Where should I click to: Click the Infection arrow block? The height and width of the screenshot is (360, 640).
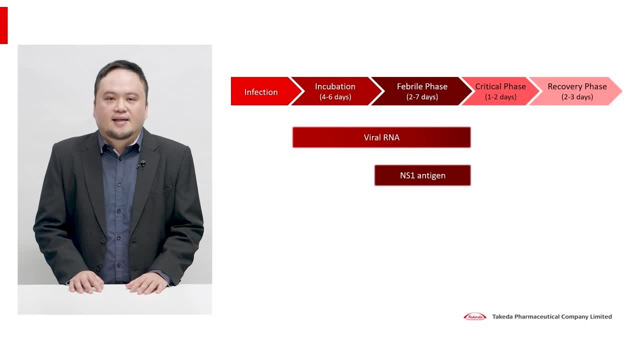(x=265, y=91)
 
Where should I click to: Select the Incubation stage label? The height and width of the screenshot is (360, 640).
(x=335, y=86)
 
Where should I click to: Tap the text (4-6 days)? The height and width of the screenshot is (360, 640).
(x=335, y=97)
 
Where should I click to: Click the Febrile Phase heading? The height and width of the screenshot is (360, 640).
(x=422, y=86)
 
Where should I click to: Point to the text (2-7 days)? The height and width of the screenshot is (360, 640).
(x=422, y=97)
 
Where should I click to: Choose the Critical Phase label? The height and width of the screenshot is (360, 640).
(x=500, y=86)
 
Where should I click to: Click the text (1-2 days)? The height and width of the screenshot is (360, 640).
(x=500, y=97)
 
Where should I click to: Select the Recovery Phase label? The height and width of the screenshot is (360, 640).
(x=577, y=86)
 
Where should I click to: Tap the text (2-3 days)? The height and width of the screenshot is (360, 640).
(x=577, y=97)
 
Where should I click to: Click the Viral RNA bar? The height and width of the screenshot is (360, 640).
(x=381, y=137)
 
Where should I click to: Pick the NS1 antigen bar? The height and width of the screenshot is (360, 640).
(x=422, y=175)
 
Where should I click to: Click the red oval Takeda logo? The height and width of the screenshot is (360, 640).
(x=475, y=316)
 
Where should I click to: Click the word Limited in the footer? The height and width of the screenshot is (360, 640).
(x=601, y=316)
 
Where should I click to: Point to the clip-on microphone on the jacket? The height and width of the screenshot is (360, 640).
(x=142, y=164)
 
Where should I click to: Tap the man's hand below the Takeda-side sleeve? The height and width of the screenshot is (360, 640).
(x=146, y=283)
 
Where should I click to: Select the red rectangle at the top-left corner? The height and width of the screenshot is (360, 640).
(x=3, y=25)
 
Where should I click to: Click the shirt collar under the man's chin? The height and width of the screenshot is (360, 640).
(x=120, y=145)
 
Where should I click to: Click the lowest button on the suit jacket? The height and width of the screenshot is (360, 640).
(x=98, y=268)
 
